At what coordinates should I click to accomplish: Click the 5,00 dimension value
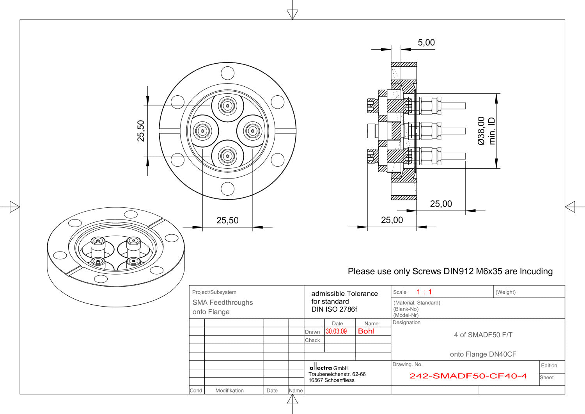tap(426, 43)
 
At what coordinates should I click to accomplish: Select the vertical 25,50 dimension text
tap(141, 131)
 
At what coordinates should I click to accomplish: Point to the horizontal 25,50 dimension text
tap(227, 220)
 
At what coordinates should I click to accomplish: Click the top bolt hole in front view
tap(227, 73)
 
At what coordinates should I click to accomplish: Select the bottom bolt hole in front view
tap(227, 189)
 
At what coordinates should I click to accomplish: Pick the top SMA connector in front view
tap(227, 105)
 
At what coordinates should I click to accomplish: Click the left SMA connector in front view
tap(202, 131)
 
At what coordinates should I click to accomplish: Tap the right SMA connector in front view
tap(253, 131)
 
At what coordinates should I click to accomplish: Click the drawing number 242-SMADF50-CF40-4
tap(468, 376)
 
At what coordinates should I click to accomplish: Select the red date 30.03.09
tap(336, 331)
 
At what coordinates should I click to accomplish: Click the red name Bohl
tap(366, 331)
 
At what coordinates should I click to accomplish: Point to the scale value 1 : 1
tap(424, 292)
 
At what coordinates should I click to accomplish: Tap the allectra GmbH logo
tap(321, 368)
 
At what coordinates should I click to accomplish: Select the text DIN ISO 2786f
tap(334, 309)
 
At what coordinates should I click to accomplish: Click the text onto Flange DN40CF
tap(483, 354)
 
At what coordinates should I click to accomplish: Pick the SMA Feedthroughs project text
tap(222, 302)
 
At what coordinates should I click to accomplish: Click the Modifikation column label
tap(229, 390)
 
